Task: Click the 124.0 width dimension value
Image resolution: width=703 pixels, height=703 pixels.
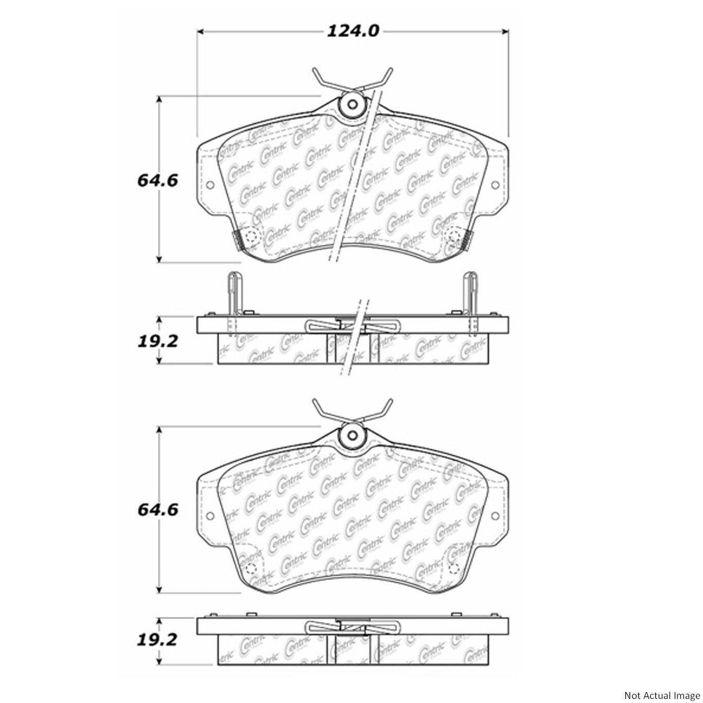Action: point(353,31)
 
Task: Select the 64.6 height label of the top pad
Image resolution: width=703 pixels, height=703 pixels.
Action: point(157,181)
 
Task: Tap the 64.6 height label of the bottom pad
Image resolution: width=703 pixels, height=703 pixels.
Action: point(157,509)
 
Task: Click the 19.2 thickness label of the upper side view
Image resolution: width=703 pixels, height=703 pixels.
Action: point(157,341)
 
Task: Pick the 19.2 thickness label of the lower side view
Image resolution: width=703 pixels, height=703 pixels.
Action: point(157,640)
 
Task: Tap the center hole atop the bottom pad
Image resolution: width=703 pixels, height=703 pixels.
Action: point(352,435)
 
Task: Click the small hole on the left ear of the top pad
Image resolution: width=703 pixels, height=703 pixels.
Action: point(209,185)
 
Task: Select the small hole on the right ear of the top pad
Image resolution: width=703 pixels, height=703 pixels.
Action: point(495,185)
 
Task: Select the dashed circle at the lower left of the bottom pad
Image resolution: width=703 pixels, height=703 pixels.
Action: point(251,568)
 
